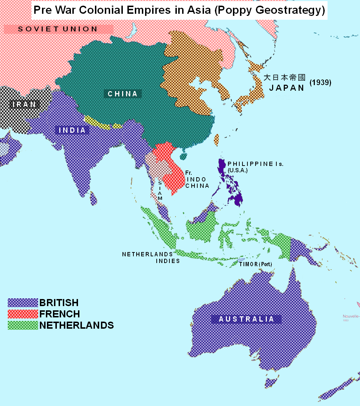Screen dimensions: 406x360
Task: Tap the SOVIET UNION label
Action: [58, 29]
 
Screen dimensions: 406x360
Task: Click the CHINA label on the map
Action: [122, 94]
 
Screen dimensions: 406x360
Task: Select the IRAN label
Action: [24, 104]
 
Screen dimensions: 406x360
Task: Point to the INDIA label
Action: [72, 130]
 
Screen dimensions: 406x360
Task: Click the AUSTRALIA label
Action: [246, 319]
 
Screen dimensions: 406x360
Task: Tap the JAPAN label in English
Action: [287, 88]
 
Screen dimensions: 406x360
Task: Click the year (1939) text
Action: [320, 83]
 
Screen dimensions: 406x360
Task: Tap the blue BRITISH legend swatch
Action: [23, 303]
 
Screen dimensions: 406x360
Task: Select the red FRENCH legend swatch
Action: [23, 314]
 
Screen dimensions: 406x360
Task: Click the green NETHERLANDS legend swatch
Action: [23, 325]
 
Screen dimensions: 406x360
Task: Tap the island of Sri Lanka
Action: [93, 199]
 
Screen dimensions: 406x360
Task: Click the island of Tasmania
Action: [271, 383]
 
